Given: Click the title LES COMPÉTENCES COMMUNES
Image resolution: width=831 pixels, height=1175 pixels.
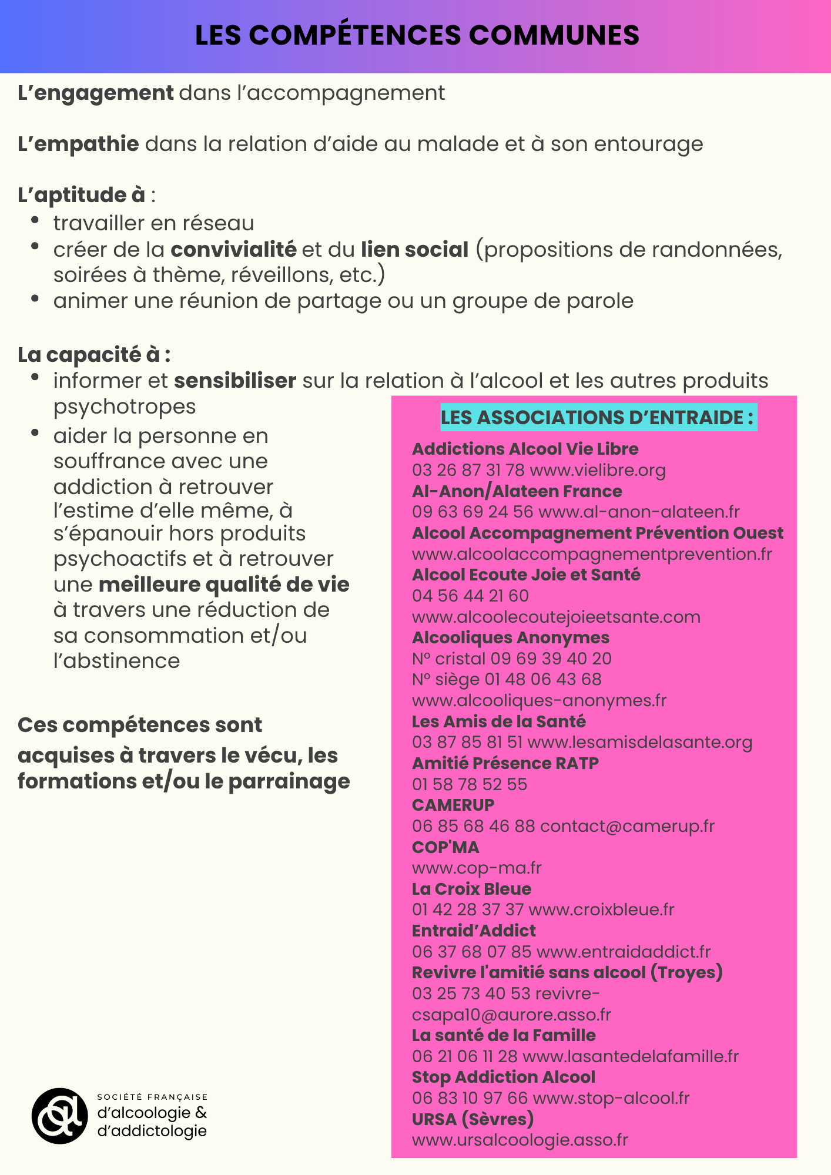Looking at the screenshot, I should (x=417, y=35).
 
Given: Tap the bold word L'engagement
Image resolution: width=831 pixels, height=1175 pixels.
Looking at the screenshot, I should (x=96, y=93).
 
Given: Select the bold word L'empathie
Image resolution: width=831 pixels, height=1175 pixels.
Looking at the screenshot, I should (x=78, y=144).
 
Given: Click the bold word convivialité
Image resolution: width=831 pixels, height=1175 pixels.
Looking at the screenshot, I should (x=233, y=250).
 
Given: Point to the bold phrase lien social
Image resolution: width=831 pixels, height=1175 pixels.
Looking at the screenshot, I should (x=414, y=250).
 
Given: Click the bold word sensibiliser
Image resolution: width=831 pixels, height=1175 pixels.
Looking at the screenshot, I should (x=235, y=381).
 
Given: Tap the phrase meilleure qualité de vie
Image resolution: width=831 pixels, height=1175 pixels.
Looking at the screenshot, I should (x=224, y=585).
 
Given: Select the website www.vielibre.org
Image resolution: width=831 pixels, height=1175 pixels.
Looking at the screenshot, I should (x=598, y=470).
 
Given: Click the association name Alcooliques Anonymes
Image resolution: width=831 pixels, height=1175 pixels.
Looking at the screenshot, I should (x=511, y=637).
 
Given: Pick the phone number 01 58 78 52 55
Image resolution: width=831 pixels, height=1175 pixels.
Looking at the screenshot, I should (x=470, y=784).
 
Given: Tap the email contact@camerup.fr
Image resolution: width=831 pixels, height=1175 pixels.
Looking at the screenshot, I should (x=627, y=826).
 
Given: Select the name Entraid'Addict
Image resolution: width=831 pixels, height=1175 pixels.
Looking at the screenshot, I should (x=474, y=931).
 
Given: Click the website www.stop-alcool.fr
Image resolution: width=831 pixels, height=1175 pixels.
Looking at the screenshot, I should (x=611, y=1098).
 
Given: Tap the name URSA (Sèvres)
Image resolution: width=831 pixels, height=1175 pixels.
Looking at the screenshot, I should (x=473, y=1119).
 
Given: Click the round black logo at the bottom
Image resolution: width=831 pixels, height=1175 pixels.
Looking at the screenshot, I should (x=59, y=1116).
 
